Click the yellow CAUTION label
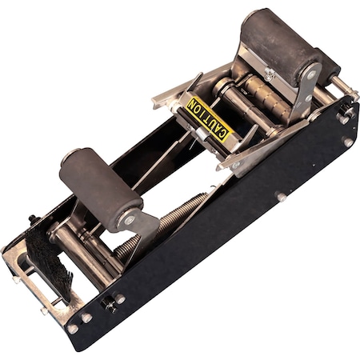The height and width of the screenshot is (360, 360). coord(208,118)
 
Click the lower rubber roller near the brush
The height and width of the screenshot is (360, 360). coord(100,187)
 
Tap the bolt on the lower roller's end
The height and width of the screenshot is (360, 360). coord(129,218)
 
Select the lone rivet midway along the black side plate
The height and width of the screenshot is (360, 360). coord(281,196)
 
